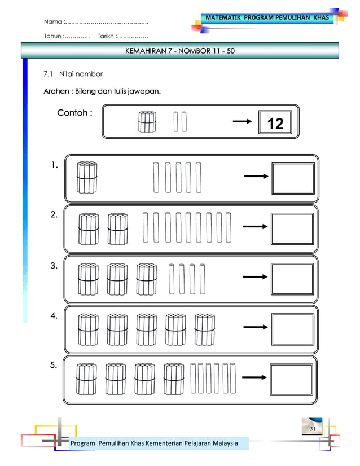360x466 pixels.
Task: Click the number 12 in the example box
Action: point(275,124)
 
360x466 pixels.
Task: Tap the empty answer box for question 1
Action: point(293,178)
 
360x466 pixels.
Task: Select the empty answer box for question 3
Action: point(292,279)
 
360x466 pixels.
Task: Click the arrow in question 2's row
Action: point(254,227)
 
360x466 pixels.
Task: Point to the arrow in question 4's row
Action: point(254,328)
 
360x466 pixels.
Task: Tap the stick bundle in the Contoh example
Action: point(147,121)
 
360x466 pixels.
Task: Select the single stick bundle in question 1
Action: point(87,177)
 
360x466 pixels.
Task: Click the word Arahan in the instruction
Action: point(59,91)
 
